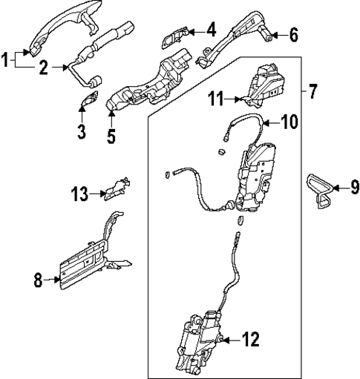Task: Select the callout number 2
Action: [x=44, y=69]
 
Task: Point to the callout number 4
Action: [x=211, y=30]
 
